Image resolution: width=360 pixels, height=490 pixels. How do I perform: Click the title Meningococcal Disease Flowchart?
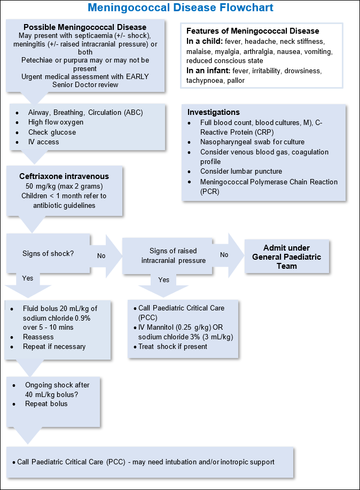180,8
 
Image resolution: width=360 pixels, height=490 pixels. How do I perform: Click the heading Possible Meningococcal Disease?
85,27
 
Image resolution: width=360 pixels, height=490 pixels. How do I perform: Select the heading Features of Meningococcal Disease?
253,31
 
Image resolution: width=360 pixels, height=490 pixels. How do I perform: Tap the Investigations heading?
214,112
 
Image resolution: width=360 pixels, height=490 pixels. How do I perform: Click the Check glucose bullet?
52,132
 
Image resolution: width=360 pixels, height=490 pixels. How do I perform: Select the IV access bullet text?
44,142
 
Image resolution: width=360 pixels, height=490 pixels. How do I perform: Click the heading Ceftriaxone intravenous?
64,176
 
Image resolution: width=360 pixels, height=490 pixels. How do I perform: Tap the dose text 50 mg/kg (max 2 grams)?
64,185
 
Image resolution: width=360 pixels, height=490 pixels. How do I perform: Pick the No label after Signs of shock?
101,256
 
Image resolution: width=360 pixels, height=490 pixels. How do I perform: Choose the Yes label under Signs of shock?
28,278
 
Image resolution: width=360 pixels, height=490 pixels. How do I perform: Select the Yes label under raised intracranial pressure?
164,279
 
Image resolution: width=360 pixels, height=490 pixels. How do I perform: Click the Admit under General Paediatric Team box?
287,256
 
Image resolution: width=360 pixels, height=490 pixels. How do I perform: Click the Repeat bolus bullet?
46,404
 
